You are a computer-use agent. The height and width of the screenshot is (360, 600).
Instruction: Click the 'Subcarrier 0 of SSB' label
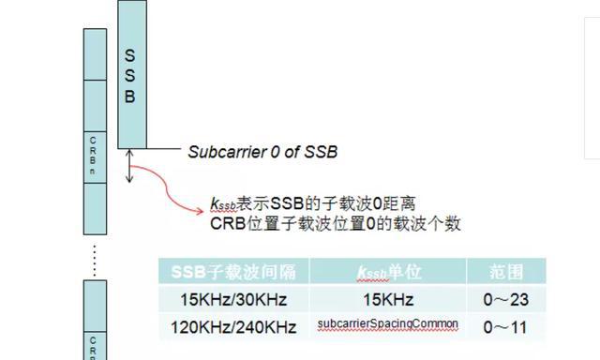[262, 152]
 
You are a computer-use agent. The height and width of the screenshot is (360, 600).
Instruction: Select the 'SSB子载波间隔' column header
[233, 273]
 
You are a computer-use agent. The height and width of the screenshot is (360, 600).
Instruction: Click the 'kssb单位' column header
[389, 273]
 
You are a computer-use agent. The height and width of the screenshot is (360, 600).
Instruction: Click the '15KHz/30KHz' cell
[233, 300]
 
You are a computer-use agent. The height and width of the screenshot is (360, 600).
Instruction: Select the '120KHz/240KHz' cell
[233, 327]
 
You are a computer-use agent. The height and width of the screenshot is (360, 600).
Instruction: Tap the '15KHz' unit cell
[389, 300]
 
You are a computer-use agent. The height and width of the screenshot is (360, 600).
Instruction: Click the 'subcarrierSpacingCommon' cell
[389, 325]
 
